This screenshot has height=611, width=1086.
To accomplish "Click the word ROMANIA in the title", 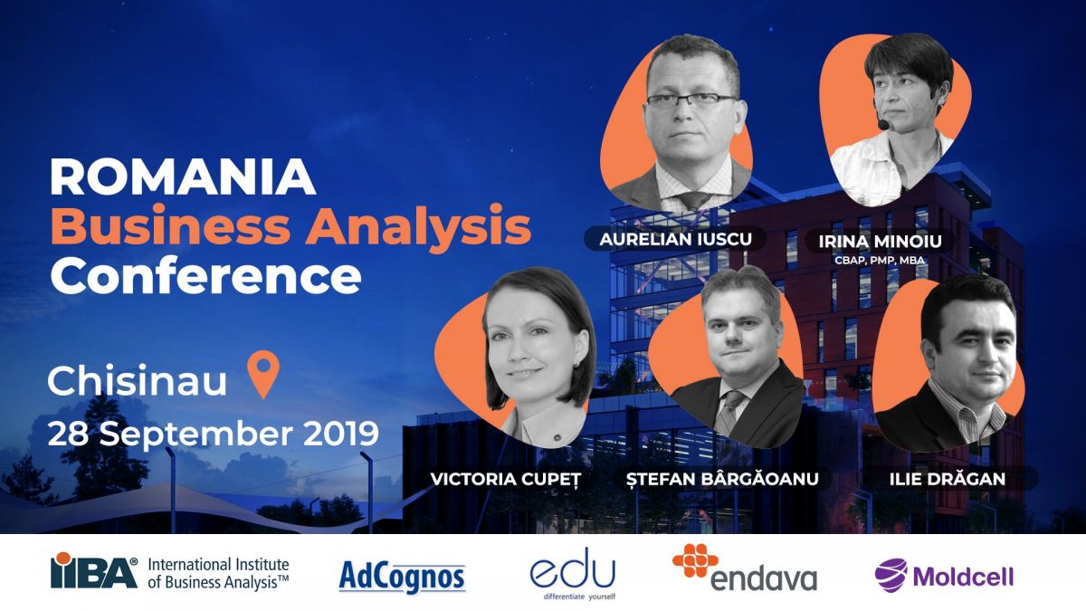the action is [183, 177].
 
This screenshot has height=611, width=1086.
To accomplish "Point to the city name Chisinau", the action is [138, 380].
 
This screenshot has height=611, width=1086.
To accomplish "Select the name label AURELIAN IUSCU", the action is [675, 239].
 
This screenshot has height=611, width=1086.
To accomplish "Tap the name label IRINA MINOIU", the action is [880, 242].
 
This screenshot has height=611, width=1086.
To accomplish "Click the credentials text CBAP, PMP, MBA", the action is [879, 261].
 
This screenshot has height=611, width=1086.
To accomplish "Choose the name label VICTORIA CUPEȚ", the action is [505, 479].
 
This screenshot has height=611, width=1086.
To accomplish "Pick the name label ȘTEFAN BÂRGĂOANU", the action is [722, 479].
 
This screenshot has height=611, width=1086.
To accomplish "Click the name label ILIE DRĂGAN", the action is [947, 479].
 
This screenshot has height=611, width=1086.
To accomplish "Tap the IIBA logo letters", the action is [94, 571].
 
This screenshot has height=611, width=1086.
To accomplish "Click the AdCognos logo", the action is [402, 577].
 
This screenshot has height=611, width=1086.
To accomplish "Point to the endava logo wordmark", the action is [764, 578].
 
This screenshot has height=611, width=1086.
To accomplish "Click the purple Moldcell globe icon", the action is [891, 575].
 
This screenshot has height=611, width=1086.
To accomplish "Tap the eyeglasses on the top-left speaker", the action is [691, 100].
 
